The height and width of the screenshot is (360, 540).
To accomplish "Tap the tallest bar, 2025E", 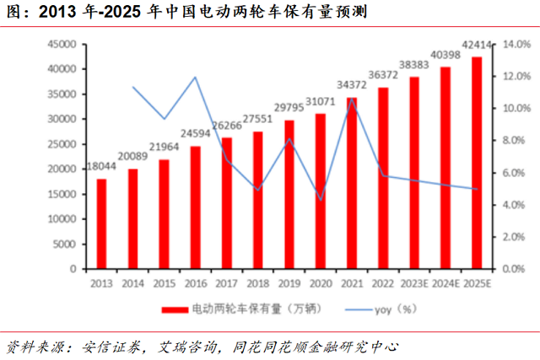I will coord(477,164).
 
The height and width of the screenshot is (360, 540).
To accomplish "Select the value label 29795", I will coord(289,110).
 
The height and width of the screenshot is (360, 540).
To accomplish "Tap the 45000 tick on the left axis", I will coord(59,44).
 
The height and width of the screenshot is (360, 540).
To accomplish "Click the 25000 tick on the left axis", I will coord(59,144).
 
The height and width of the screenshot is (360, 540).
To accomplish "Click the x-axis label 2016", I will coord(195,283).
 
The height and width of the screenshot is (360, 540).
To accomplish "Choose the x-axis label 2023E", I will coord(414,283).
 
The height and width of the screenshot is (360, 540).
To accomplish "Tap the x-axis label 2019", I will coord(289,283).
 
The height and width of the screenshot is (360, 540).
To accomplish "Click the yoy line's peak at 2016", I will coord(196,78).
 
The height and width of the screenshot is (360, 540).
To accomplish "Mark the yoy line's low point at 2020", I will coord(321,201).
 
